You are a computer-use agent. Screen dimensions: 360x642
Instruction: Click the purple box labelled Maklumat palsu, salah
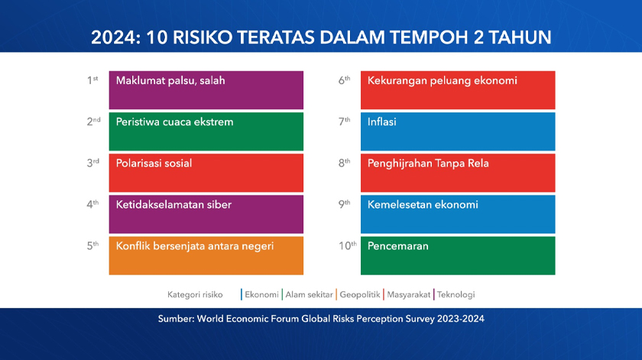pos(206,89)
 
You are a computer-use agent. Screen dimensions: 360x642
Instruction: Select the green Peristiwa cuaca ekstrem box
pos(206,131)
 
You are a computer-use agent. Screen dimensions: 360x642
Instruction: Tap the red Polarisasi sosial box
pos(206,172)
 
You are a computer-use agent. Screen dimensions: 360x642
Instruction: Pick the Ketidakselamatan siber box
pos(206,213)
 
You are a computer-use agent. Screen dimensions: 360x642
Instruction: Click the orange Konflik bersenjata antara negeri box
pos(206,255)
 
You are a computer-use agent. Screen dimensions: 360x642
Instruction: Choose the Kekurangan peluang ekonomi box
pos(457,89)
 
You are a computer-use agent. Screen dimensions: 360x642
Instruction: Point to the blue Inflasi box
pos(457,131)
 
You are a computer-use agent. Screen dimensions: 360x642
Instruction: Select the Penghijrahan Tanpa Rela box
pos(457,172)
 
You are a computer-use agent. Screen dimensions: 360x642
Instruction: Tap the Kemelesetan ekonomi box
pos(457,213)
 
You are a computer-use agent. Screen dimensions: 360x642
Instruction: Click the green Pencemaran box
pos(457,255)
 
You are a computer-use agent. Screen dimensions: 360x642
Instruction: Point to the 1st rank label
pos(92,79)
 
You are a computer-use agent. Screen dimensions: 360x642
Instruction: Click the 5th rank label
pos(92,245)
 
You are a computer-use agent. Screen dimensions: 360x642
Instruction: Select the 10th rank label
pos(347,245)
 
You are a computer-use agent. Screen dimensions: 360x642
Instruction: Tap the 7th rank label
pos(344,121)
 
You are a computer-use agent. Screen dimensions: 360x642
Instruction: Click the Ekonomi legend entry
pos(261,294)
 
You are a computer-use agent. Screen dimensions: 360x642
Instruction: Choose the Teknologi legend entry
pos(456,294)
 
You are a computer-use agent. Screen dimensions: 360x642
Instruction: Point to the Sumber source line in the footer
pos(321,319)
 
